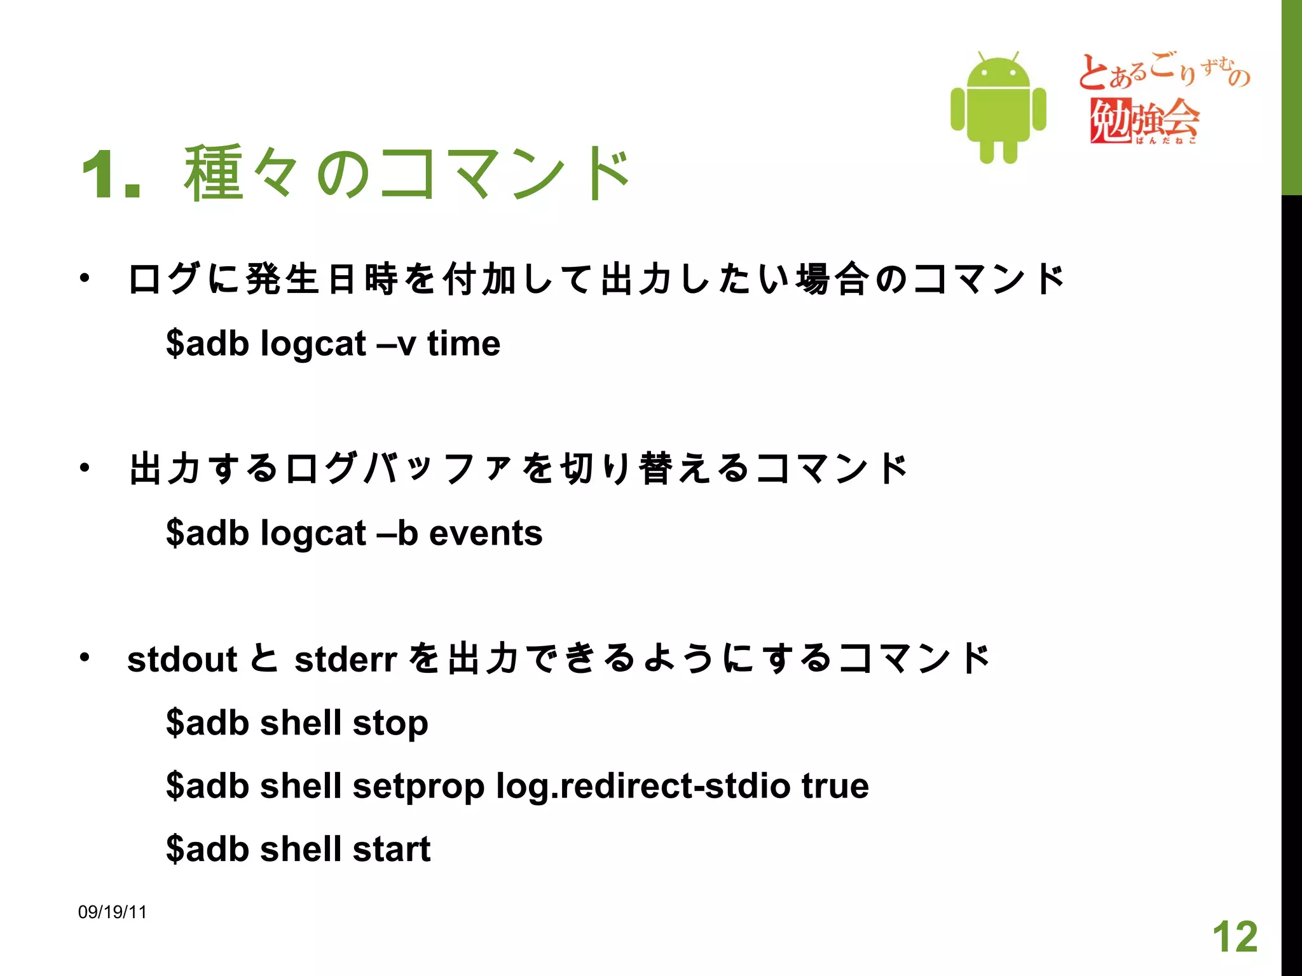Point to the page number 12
pyautogui.click(x=1235, y=937)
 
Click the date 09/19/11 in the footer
pyautogui.click(x=113, y=912)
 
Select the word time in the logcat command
pyautogui.click(x=463, y=344)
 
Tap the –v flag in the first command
pyautogui.click(x=396, y=344)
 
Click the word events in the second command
pyautogui.click(x=486, y=533)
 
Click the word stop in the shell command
pyautogui.click(x=390, y=724)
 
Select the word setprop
pyautogui.click(x=418, y=787)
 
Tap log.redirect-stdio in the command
pyautogui.click(x=643, y=787)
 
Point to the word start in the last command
pyautogui.click(x=392, y=850)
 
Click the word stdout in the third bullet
pyautogui.click(x=182, y=660)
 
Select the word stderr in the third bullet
pyautogui.click(x=346, y=660)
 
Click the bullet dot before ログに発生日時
pyautogui.click(x=85, y=278)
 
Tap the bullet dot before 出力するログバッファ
pyautogui.click(x=85, y=468)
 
